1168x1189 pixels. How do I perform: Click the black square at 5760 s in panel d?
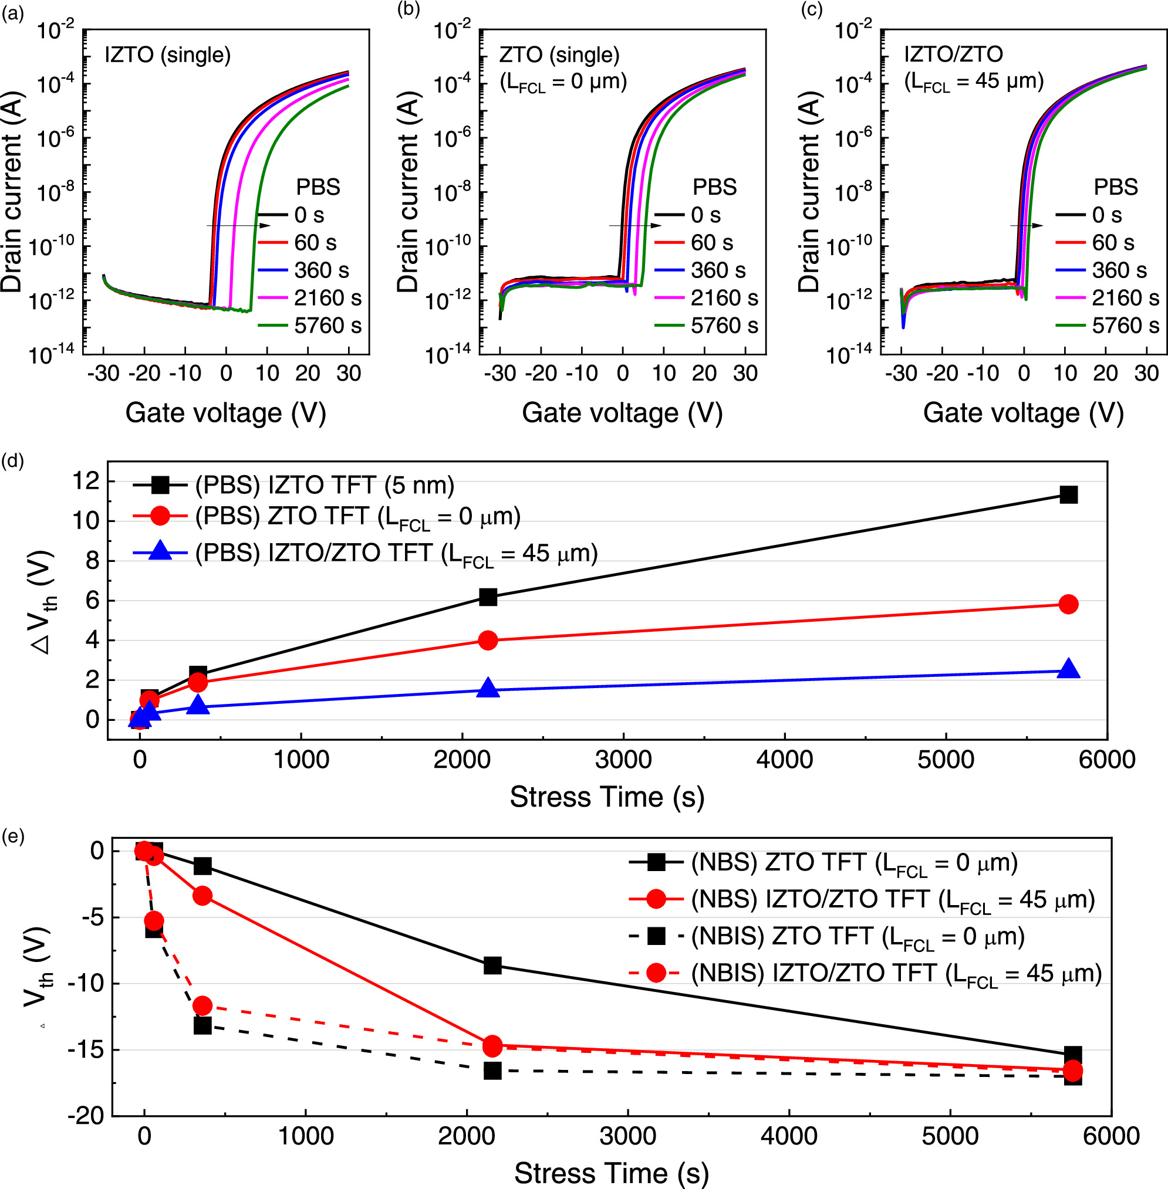(1069, 495)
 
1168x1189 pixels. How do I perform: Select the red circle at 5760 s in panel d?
(1069, 604)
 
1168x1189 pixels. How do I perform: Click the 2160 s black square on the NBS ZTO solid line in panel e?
(492, 965)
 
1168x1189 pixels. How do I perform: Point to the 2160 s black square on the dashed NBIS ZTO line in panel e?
(492, 1071)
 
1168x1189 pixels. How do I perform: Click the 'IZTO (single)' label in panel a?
(167, 55)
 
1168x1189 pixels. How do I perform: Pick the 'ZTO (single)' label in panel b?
(559, 55)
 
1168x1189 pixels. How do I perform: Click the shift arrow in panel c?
(1027, 226)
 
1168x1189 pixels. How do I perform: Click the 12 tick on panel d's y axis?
(86, 482)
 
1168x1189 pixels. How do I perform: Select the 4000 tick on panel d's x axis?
(785, 760)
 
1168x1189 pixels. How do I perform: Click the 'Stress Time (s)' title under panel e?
(611, 1173)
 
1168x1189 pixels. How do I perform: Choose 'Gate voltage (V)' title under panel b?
(622, 413)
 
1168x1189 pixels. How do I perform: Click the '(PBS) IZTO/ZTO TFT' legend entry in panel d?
(396, 554)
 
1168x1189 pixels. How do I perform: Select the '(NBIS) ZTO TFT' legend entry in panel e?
(858, 936)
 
